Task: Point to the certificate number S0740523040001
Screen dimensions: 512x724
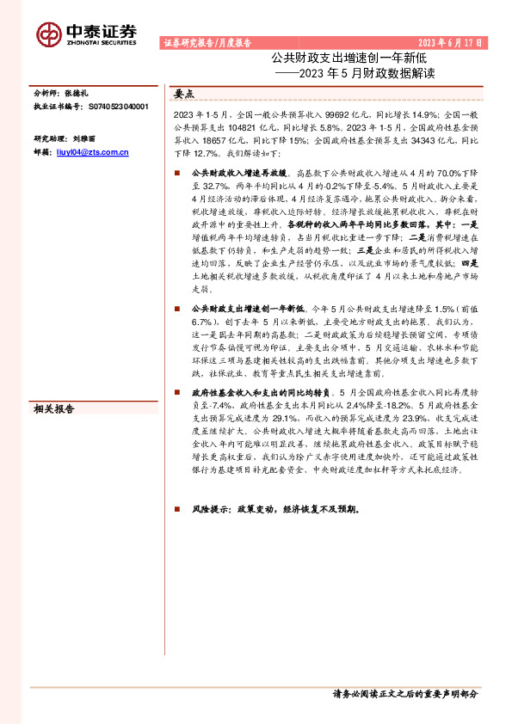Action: coord(116,107)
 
